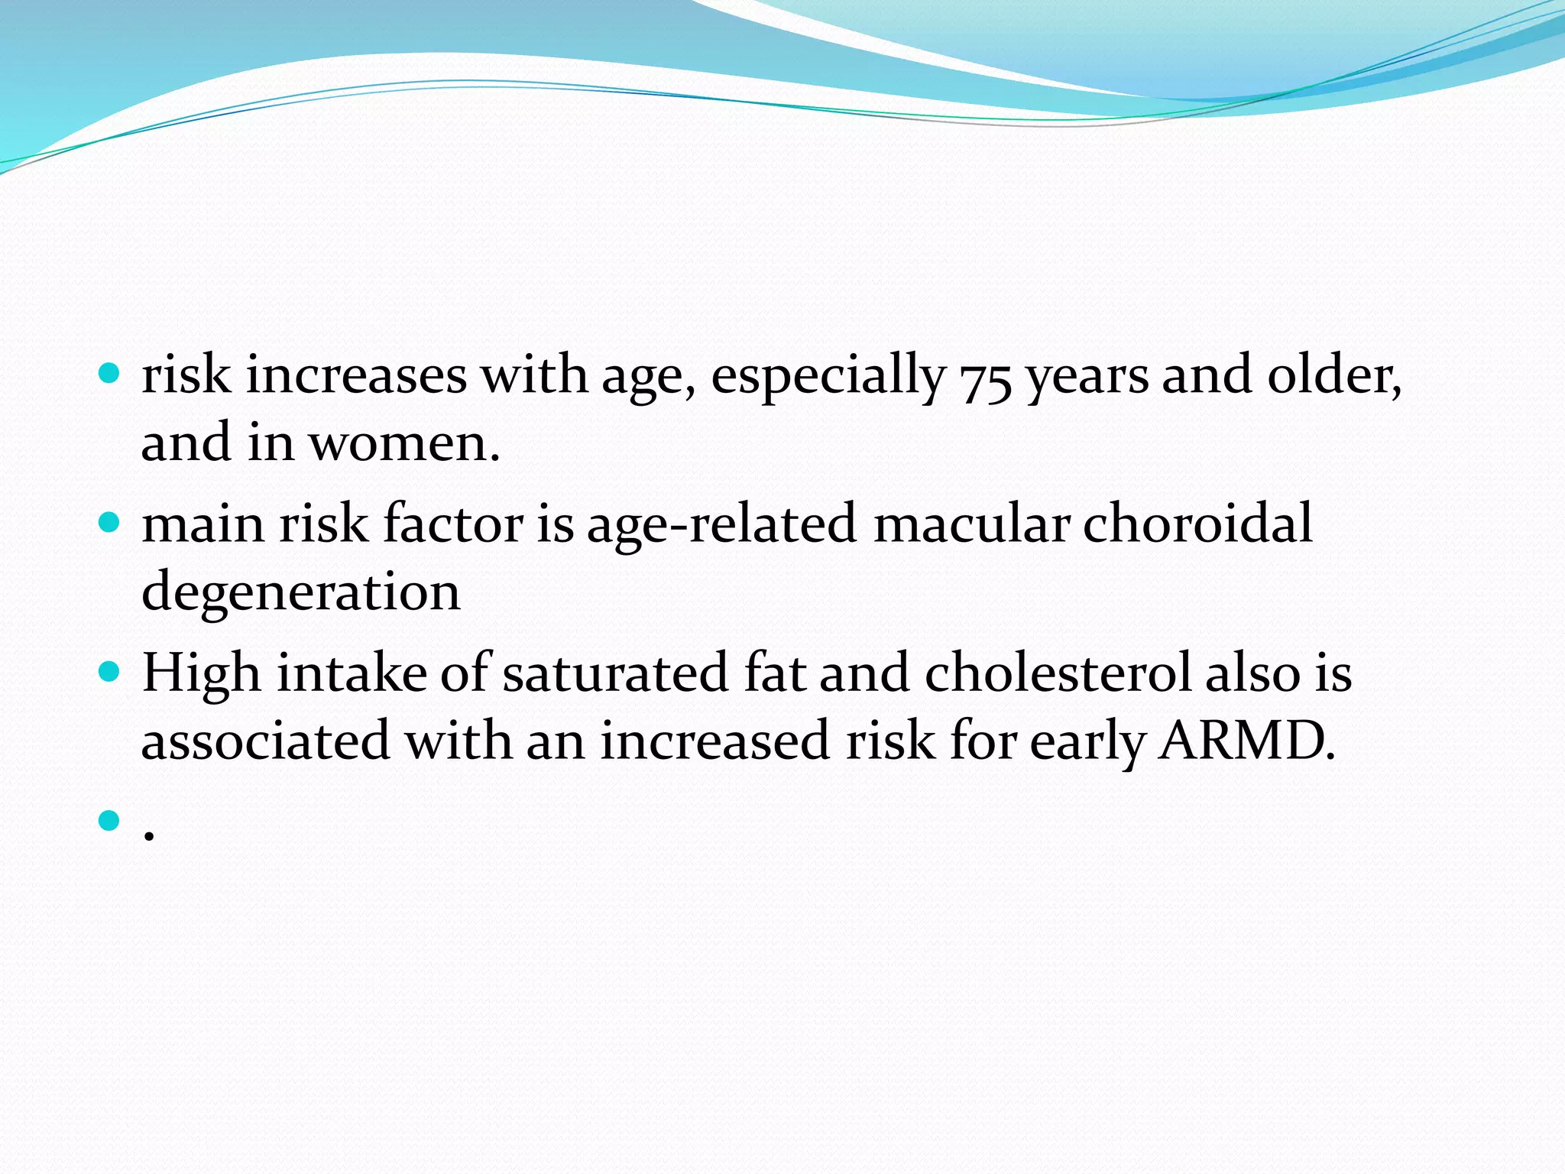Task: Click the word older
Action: click(1333, 376)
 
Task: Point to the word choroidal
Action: click(1197, 524)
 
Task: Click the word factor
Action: click(452, 524)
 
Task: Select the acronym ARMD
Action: click(1246, 741)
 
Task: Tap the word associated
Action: click(265, 741)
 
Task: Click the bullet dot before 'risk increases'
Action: click(110, 375)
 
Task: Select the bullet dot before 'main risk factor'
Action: click(110, 524)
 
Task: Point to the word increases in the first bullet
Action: click(355, 376)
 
